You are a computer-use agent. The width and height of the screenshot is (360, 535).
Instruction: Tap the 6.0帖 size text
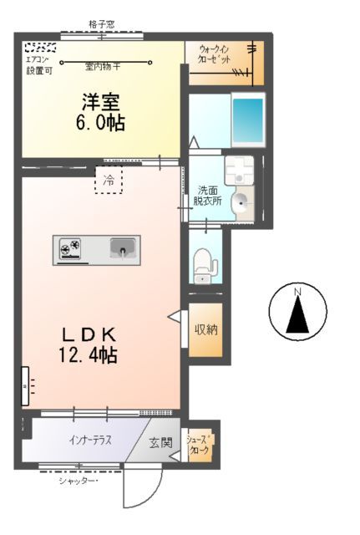click(x=101, y=122)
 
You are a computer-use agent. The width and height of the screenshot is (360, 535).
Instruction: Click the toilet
click(x=205, y=264)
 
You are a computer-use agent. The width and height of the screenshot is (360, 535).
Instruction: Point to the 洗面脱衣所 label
click(x=208, y=195)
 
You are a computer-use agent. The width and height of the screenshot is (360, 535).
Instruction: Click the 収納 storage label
click(x=205, y=329)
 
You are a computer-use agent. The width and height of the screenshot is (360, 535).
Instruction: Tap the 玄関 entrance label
click(x=161, y=443)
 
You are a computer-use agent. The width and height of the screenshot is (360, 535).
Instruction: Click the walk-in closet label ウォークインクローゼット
click(x=212, y=54)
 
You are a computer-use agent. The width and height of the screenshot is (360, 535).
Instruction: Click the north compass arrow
click(x=297, y=313)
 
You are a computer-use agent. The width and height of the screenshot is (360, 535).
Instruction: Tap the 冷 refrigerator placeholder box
click(x=108, y=180)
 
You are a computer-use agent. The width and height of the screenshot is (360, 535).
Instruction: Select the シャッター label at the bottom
click(x=79, y=481)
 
